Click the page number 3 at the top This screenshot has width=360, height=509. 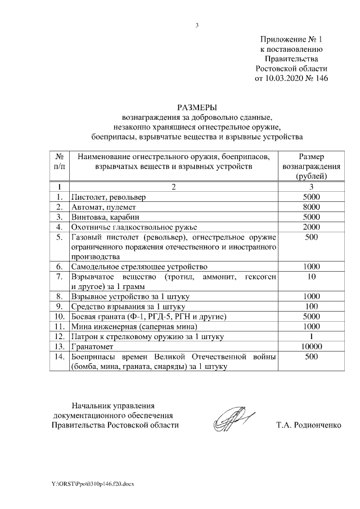tap(197, 25)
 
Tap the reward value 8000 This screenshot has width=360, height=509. tap(310, 207)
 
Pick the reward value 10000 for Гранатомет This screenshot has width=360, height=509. tap(310, 346)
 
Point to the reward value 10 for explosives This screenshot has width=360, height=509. tap(310, 277)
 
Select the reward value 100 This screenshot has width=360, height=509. tap(310, 307)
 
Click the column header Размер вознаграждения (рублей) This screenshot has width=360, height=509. tap(310, 166)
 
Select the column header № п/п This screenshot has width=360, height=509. tap(59, 161)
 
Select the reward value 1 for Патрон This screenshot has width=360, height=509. tap(310, 336)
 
